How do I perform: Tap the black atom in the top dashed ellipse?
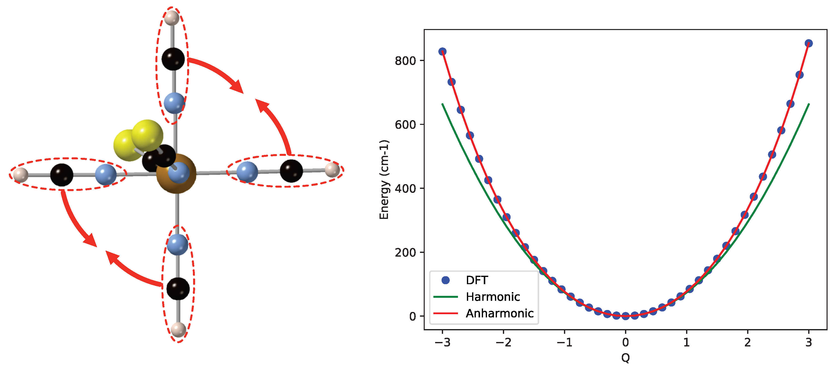173,59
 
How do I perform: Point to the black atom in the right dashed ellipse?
291,171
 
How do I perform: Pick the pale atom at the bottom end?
178,330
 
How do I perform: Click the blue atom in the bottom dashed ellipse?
177,244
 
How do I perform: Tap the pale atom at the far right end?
332,170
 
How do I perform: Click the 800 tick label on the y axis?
405,61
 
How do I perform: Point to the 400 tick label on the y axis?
405,188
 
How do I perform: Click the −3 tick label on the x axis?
442,342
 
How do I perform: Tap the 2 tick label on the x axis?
747,342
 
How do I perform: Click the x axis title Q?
625,358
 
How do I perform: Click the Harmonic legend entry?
493,297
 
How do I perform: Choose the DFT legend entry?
476,280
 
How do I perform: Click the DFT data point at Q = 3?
808,43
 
